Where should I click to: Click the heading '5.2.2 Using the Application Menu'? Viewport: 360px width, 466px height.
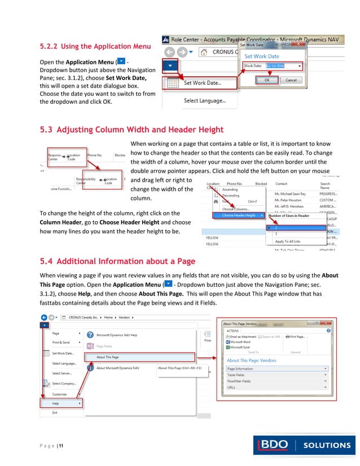95,46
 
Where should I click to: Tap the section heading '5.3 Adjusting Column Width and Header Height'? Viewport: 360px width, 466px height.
131,130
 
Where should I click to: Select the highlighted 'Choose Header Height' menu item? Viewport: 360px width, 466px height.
239,216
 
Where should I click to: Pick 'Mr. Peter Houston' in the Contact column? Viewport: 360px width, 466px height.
289,200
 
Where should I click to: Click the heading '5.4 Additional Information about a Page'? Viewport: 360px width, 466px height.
117,261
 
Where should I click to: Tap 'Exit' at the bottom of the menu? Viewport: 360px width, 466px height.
55,412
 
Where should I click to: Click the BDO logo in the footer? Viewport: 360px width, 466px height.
275,445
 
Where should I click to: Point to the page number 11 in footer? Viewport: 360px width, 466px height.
60,447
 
